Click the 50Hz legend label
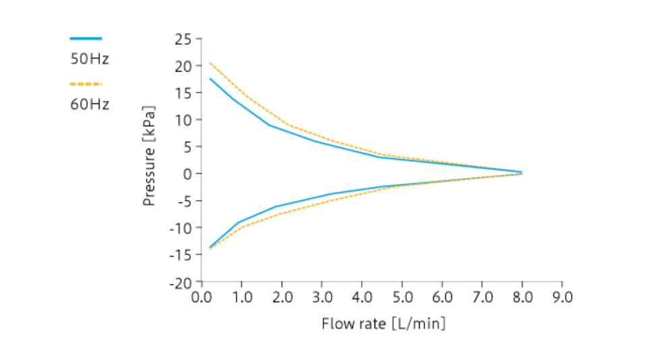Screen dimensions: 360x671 [90, 59]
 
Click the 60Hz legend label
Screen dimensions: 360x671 [90, 104]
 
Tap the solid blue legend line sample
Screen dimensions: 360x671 [86, 38]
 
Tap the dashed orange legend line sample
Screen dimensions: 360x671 [86, 84]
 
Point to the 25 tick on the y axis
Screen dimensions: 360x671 [183, 39]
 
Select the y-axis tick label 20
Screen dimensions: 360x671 [183, 66]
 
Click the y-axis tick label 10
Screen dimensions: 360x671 [183, 120]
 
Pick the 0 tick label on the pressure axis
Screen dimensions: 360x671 [189, 174]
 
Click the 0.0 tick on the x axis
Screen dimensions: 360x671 [201, 297]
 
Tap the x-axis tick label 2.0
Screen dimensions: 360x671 [282, 297]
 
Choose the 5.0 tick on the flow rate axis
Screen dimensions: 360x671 [402, 297]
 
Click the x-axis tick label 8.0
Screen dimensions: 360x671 [522, 297]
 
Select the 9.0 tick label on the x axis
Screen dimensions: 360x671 [562, 297]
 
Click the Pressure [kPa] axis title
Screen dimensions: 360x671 [150, 155]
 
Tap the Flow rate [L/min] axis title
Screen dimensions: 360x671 [383, 324]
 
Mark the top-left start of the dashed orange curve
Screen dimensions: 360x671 [210, 63]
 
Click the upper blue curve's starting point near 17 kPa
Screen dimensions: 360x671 [210, 79]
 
